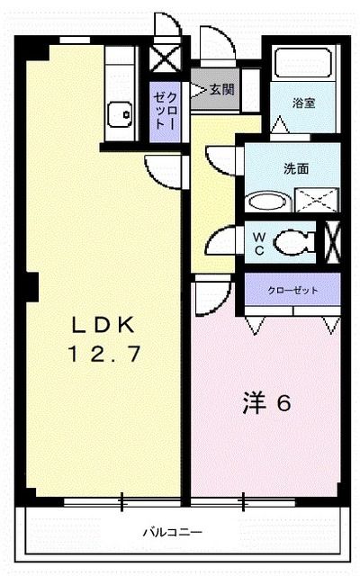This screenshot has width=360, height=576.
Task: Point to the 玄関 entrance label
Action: click(x=222, y=89)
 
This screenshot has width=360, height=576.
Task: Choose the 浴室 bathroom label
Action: click(x=303, y=103)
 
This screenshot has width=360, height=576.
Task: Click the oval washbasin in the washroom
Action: click(x=264, y=201)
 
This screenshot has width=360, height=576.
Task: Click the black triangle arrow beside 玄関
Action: click(x=200, y=89)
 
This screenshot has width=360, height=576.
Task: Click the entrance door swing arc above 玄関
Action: click(x=217, y=45)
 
